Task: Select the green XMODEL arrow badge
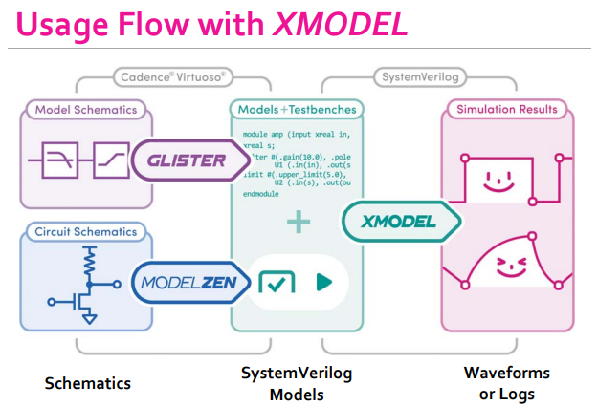click(x=399, y=222)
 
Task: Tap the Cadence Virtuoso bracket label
click(x=172, y=75)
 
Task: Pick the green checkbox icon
click(x=277, y=283)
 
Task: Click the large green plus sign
click(x=298, y=223)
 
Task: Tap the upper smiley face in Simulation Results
click(x=497, y=178)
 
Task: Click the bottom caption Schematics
click(x=88, y=383)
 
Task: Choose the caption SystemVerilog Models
click(x=297, y=383)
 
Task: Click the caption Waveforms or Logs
click(x=507, y=383)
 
